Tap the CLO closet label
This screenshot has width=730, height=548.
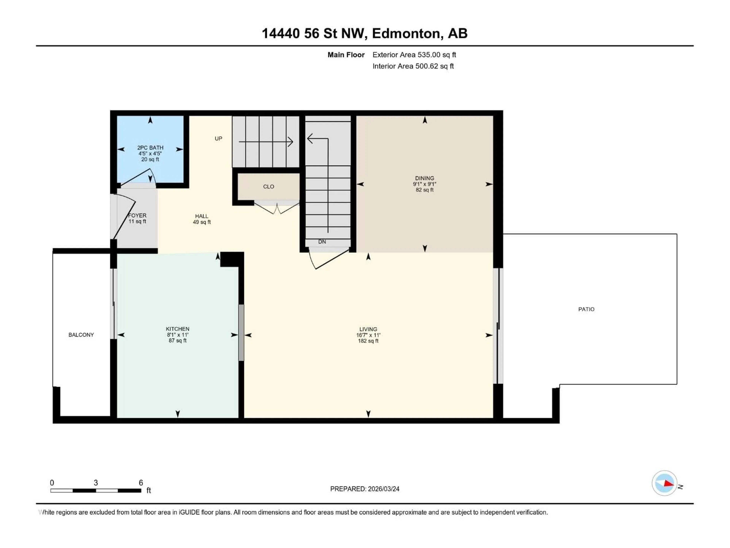[268, 187]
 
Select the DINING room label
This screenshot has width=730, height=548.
[424, 178]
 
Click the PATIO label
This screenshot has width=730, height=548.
[586, 309]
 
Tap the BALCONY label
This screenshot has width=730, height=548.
[81, 335]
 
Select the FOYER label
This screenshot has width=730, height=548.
[137, 215]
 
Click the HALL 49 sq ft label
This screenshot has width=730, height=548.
[202, 219]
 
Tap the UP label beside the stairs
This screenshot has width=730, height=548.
[218, 138]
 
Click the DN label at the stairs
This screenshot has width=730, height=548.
[322, 242]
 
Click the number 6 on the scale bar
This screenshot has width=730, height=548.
[141, 483]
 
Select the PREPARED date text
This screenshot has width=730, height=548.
[365, 489]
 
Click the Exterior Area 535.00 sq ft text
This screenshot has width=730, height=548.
[414, 55]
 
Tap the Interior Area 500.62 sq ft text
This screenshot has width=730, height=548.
[413, 66]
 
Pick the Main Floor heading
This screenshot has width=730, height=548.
[346, 55]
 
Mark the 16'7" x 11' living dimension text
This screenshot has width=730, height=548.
[368, 335]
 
